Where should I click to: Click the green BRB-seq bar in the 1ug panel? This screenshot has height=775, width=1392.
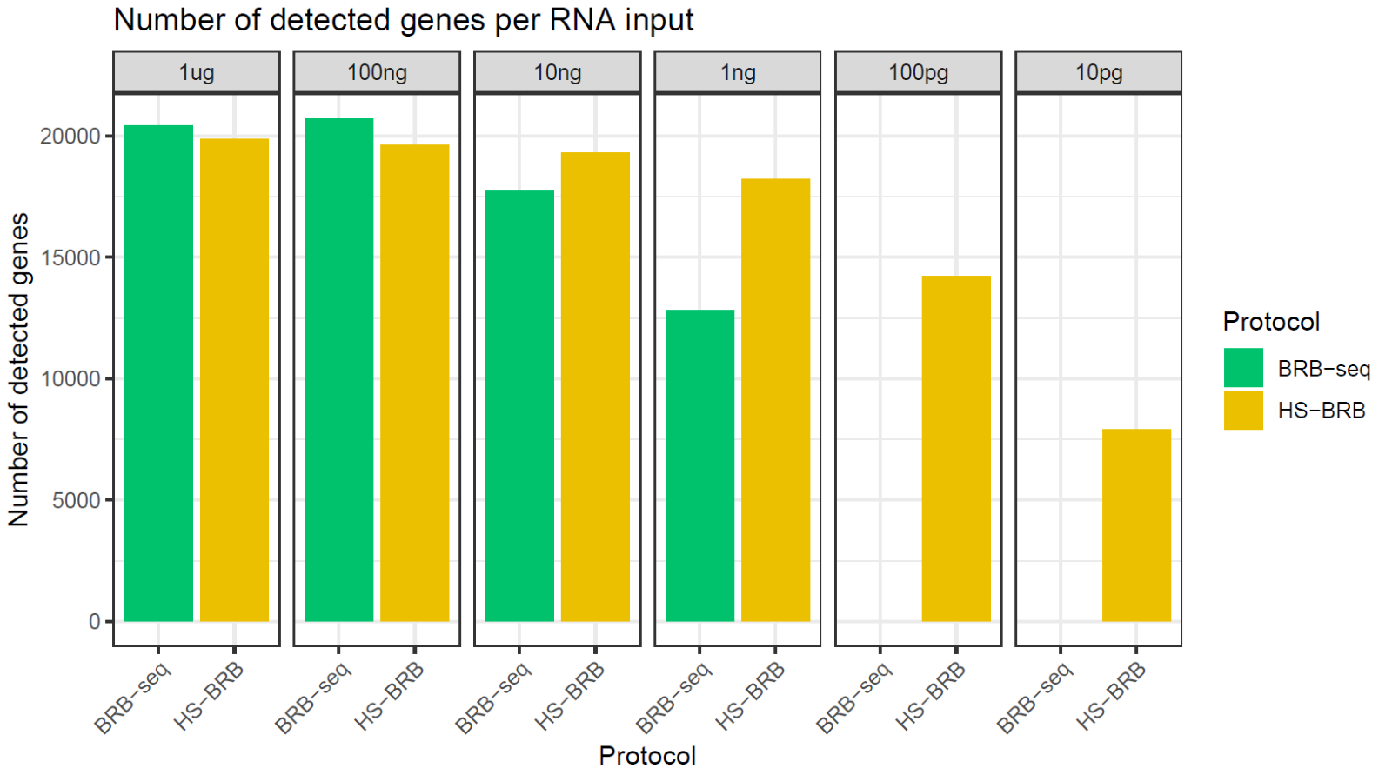coord(158,374)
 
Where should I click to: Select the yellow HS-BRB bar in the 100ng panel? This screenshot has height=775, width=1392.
coord(414,383)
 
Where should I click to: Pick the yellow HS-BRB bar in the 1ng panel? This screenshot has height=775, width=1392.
coord(775,400)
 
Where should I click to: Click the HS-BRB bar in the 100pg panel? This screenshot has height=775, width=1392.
coord(956,449)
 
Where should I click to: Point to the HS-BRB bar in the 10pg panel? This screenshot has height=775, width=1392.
coord(1136,525)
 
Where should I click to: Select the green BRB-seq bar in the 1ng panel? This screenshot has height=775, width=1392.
coord(699,465)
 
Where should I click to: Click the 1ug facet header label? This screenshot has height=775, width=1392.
coord(197,72)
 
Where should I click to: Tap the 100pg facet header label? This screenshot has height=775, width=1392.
coord(918,72)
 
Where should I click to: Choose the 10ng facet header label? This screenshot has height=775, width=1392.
coord(557,72)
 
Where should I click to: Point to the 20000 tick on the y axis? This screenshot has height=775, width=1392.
coord(70,137)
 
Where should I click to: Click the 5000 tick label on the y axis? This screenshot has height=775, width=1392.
coord(76,501)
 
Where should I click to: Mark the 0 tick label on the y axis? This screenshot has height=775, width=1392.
coord(94,622)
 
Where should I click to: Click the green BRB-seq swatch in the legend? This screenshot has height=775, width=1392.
coord(1242,368)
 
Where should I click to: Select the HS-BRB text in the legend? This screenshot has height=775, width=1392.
coord(1321,411)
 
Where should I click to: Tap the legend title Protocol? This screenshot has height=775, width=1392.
coord(1270,322)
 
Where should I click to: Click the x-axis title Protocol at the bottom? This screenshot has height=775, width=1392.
coord(647,755)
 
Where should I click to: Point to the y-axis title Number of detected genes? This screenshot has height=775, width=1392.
coord(19,370)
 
